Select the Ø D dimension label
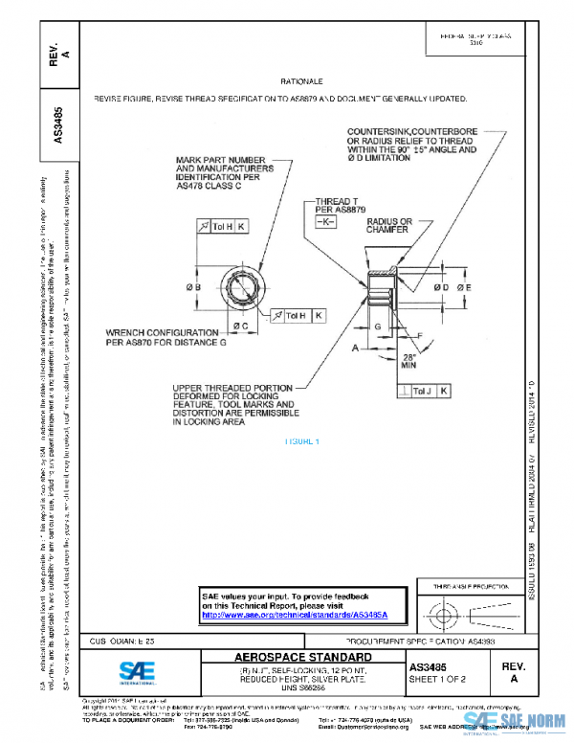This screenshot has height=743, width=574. pyautogui.click(x=442, y=287)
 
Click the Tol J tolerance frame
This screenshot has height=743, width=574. pyautogui.click(x=426, y=392)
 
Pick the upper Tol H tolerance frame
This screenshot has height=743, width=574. pyautogui.click(x=221, y=226)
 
